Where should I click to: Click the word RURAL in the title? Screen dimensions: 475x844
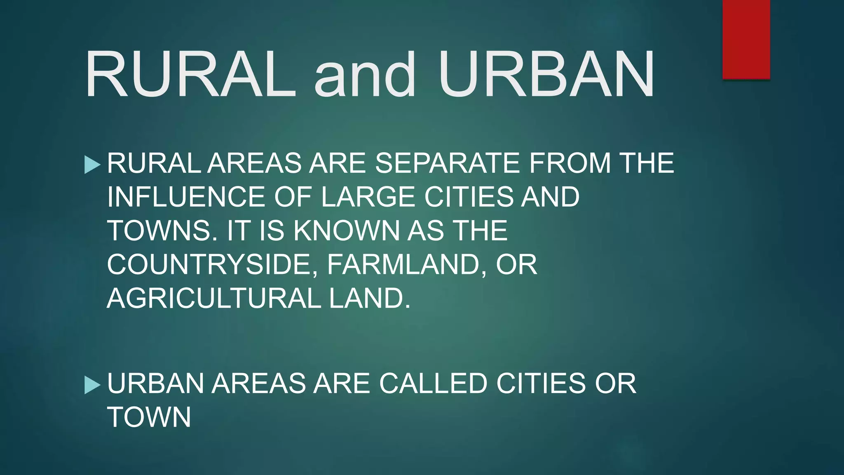pyautogui.click(x=190, y=74)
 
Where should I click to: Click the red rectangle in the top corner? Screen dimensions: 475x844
pyautogui.click(x=746, y=40)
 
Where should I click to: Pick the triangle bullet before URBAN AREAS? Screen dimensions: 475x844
pyautogui.click(x=92, y=385)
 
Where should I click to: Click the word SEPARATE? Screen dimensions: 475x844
pyautogui.click(x=448, y=163)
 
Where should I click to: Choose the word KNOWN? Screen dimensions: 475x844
pyautogui.click(x=346, y=230)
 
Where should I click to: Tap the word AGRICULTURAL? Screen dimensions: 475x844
pyautogui.click(x=214, y=298)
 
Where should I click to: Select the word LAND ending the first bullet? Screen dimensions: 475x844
pyautogui.click(x=369, y=298)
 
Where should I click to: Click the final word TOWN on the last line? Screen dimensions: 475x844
pyautogui.click(x=149, y=417)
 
